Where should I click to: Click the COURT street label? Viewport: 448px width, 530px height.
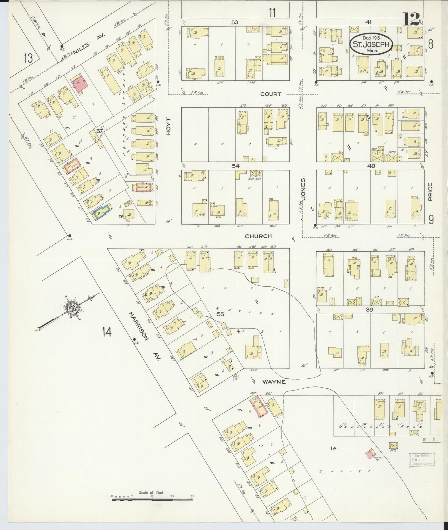coord(271,94)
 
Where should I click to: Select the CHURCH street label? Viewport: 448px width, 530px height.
coord(258,236)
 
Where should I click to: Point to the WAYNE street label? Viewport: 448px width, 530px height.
coord(274,382)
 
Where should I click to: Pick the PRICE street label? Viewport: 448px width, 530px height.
coord(430,192)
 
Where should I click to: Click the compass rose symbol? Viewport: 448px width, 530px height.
coord(73,309)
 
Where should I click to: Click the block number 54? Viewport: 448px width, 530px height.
coord(236,166)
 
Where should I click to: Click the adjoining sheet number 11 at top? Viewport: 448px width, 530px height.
coord(272,13)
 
